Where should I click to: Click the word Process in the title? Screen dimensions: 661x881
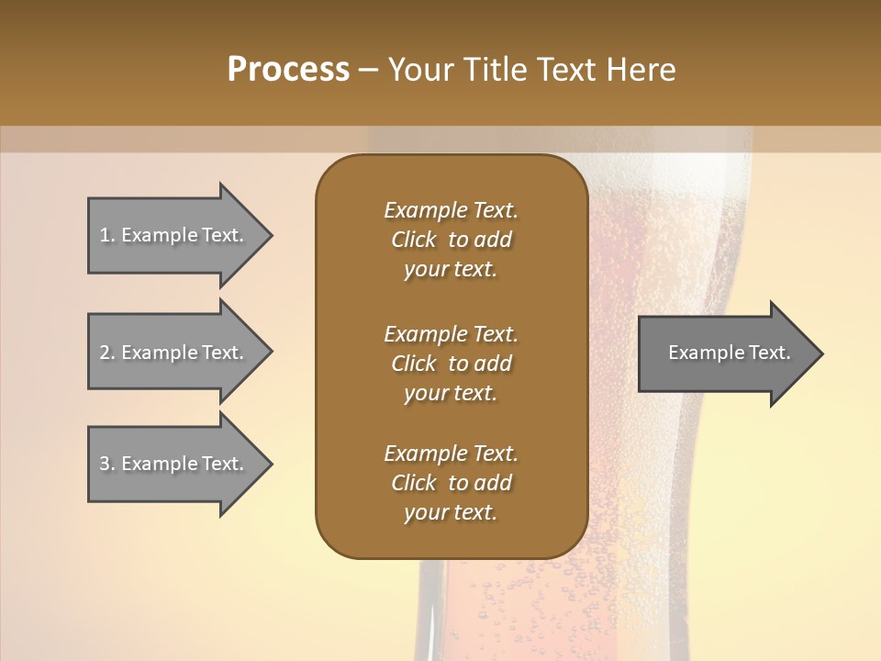[288, 70]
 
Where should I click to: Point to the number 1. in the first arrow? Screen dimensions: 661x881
[107, 235]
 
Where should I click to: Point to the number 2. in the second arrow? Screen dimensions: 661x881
[107, 353]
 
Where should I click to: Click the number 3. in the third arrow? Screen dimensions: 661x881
[107, 464]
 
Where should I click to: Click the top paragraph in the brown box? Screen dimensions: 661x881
[451, 240]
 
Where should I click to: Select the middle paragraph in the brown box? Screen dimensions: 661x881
[451, 364]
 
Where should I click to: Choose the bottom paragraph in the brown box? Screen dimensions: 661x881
[451, 483]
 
